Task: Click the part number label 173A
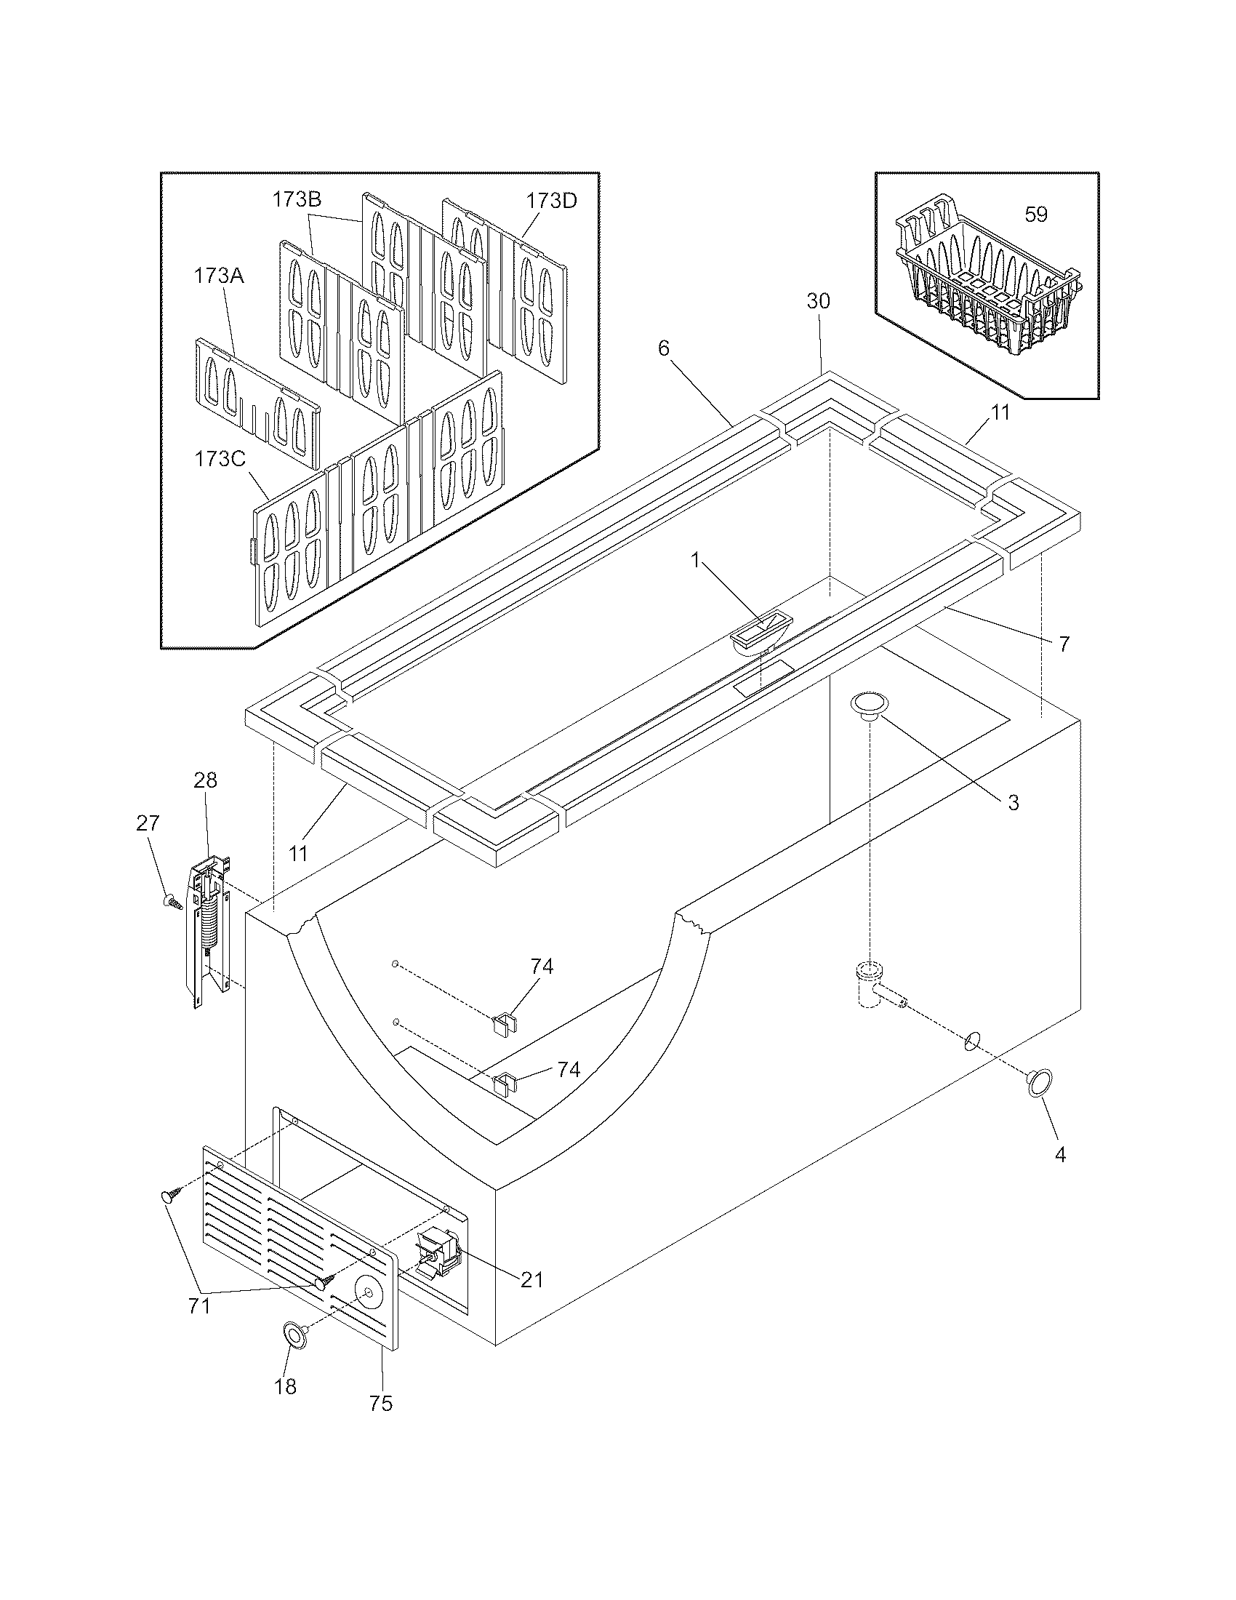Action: pyautogui.click(x=219, y=276)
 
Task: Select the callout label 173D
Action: pyautogui.click(x=550, y=200)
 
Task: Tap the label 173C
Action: pyautogui.click(x=219, y=460)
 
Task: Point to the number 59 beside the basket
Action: pyautogui.click(x=1035, y=215)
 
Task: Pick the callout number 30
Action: pyautogui.click(x=819, y=301)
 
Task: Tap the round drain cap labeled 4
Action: pyautogui.click(x=1040, y=1082)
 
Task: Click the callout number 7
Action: pyautogui.click(x=1064, y=644)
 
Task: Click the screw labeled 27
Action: pyautogui.click(x=172, y=902)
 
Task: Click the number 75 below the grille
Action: pyautogui.click(x=381, y=1403)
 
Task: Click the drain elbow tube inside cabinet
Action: pyautogui.click(x=872, y=986)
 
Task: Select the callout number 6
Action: pyautogui.click(x=663, y=348)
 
